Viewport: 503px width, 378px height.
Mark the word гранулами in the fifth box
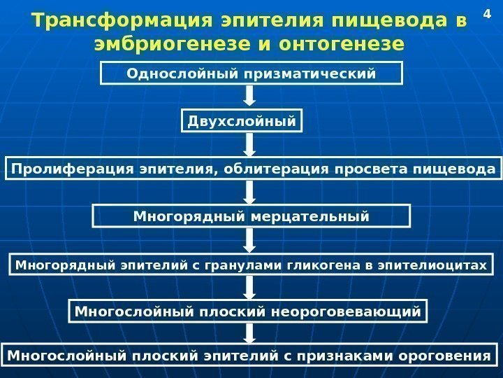[x=245, y=265]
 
